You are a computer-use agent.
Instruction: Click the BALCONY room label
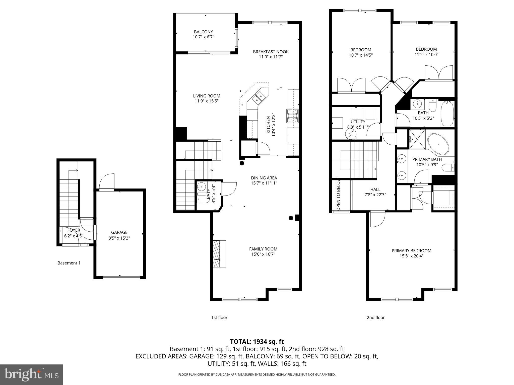tap(203, 32)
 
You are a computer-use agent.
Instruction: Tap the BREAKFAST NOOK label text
tap(271, 52)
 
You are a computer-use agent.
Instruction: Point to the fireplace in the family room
tap(220, 254)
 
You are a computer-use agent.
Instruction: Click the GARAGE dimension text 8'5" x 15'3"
tap(119, 238)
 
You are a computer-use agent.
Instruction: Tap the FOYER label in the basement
tap(74, 230)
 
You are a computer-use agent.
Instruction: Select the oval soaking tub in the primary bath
tap(438, 144)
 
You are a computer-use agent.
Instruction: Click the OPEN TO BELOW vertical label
tap(338, 194)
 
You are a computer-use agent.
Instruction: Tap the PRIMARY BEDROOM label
tap(411, 251)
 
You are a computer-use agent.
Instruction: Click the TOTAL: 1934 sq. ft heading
tap(257, 341)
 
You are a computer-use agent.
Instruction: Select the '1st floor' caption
tap(219, 318)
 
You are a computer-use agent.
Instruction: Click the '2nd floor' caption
tap(375, 318)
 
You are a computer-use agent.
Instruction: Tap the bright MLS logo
tap(31, 374)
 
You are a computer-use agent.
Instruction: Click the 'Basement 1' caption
tap(69, 263)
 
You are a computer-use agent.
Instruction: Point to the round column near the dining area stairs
tap(242, 163)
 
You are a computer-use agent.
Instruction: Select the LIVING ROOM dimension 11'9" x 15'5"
tap(207, 101)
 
